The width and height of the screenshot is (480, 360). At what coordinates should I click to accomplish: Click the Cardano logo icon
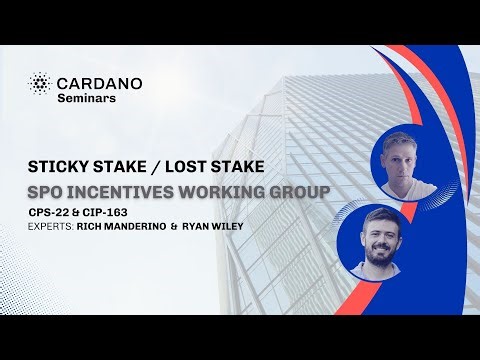click(x=41, y=82)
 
